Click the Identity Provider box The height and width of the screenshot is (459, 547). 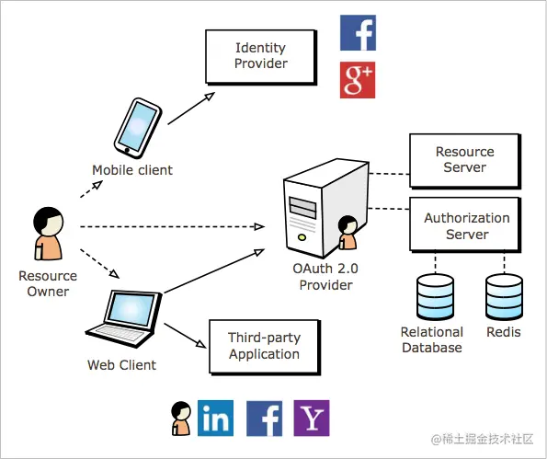(261, 57)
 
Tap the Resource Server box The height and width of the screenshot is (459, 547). (465, 161)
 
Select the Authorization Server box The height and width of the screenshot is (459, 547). (465, 224)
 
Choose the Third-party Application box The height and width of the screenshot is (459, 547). (265, 347)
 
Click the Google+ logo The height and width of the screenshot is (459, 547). (358, 80)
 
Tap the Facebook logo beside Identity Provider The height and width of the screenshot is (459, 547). (358, 32)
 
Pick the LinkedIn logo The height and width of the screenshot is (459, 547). (215, 419)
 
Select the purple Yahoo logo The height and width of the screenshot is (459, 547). (312, 419)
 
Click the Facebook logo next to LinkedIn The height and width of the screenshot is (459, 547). (264, 419)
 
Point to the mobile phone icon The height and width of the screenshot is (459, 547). (138, 128)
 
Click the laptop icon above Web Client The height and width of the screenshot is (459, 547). (124, 318)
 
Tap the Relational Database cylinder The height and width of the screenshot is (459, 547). (436, 297)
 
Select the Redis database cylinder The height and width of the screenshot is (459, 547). (504, 297)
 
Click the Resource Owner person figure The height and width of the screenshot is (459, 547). (48, 233)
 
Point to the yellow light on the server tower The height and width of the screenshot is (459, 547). (302, 237)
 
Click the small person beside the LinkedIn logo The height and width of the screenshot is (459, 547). (181, 419)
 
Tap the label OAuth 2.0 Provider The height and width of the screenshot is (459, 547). (325, 277)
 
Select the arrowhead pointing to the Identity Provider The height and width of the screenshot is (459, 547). (210, 96)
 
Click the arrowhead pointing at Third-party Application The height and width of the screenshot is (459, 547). (201, 344)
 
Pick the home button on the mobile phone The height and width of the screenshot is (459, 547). (127, 151)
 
